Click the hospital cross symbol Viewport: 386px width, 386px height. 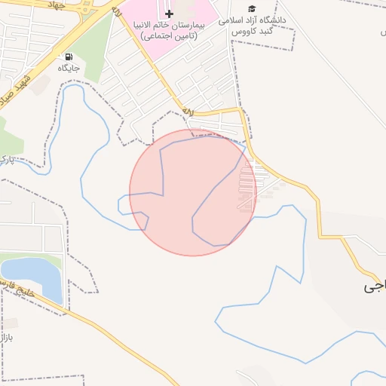[168, 14]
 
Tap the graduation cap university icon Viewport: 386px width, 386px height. [252, 8]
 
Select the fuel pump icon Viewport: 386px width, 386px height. [69, 57]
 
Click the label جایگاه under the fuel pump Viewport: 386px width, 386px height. [69, 68]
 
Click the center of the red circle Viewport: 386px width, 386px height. [193, 192]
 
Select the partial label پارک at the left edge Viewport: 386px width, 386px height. [5, 159]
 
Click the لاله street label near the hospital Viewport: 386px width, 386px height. [188, 112]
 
